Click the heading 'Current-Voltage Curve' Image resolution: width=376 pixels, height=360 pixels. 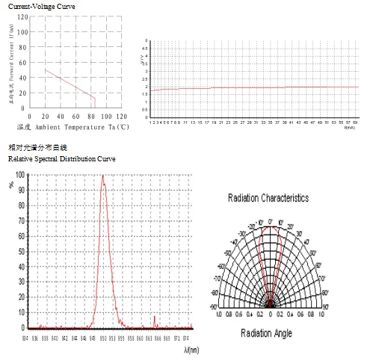[37, 6]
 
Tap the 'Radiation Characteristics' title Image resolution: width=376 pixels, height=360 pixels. [268, 198]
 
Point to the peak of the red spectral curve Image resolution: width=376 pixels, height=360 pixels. [102, 176]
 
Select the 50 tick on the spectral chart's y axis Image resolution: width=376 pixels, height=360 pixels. [19, 252]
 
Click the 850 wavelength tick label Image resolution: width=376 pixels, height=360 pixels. [103, 338]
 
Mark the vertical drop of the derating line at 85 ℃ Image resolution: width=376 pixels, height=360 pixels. [94, 102]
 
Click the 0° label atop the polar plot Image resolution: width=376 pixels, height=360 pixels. [271, 221]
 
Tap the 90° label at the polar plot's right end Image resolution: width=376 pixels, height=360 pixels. [326, 306]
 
